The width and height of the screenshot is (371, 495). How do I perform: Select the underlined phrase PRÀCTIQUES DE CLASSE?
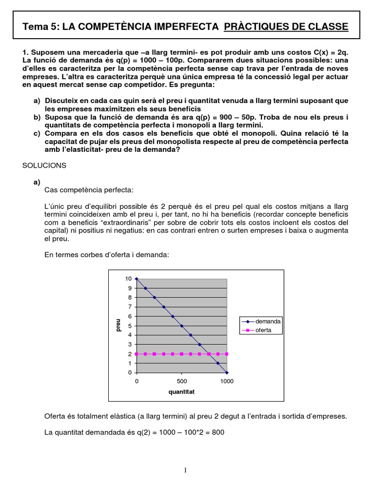[286, 27]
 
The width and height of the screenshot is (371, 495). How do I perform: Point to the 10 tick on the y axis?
[128, 279]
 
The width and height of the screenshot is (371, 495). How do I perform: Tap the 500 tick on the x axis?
[182, 381]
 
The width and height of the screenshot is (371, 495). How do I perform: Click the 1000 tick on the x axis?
[227, 381]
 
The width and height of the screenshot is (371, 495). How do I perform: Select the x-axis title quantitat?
[181, 392]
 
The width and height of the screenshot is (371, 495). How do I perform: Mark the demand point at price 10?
[137, 279]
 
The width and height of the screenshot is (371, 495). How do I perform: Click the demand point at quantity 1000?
[227, 373]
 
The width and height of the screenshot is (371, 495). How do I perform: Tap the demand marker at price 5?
[182, 326]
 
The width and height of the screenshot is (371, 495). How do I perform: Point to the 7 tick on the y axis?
[128, 307]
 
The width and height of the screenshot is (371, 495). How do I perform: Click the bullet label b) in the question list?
[37, 117]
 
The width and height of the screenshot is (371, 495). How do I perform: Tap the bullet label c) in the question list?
[37, 133]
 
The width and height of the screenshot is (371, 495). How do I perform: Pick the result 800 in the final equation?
[218, 432]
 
